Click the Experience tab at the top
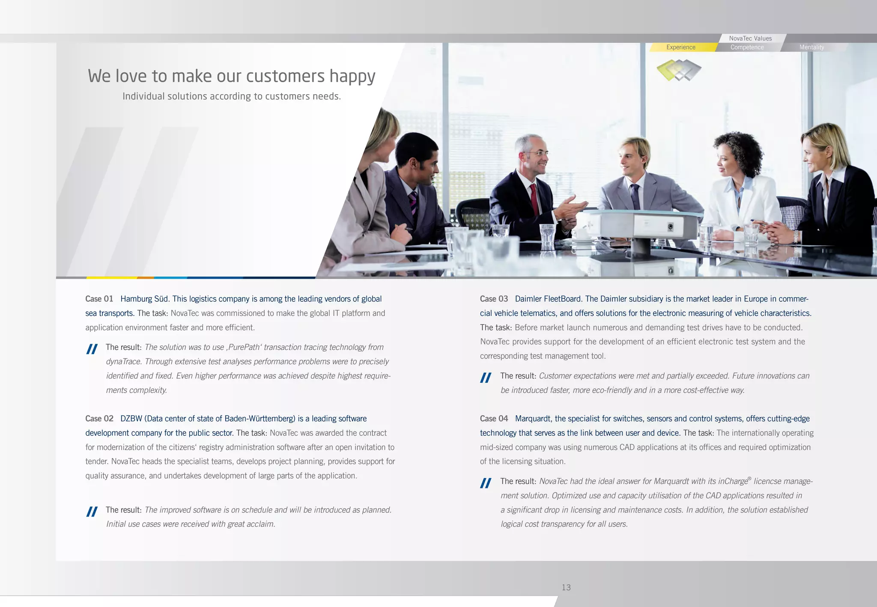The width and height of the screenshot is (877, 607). tap(680, 47)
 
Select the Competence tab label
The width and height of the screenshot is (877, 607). tap(747, 47)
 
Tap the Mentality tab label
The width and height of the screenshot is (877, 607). tap(811, 47)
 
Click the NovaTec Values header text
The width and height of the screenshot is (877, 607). tap(750, 38)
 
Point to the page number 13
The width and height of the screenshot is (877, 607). tap(566, 587)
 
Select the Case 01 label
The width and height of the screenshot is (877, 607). tap(99, 299)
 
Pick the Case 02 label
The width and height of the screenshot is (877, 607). tap(99, 419)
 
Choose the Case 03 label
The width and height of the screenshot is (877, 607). tap(494, 299)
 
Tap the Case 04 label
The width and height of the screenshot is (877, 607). tap(494, 419)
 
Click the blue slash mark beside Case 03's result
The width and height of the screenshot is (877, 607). tap(486, 378)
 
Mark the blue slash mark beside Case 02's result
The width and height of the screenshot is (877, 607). tap(92, 512)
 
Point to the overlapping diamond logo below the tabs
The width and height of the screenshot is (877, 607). tap(679, 70)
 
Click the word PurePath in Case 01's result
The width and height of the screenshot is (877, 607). tap(244, 347)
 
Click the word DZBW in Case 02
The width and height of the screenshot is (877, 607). tap(131, 419)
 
